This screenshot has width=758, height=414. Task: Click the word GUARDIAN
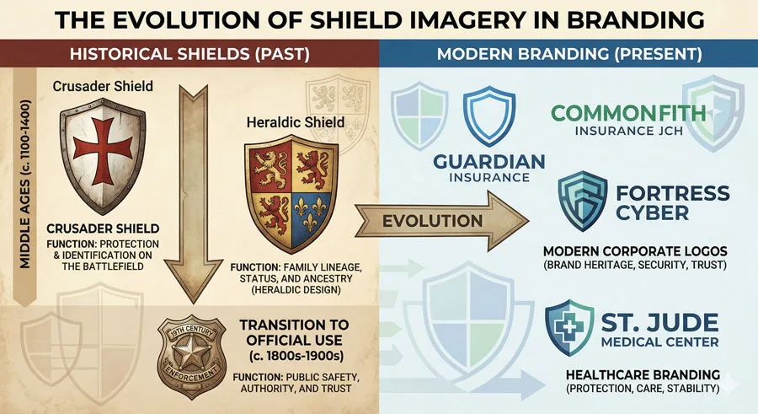click(x=489, y=161)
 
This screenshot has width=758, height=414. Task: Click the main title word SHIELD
click(x=378, y=19)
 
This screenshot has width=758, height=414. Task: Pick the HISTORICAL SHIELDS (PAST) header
click(x=189, y=54)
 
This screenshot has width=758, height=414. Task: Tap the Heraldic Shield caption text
click(x=295, y=122)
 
